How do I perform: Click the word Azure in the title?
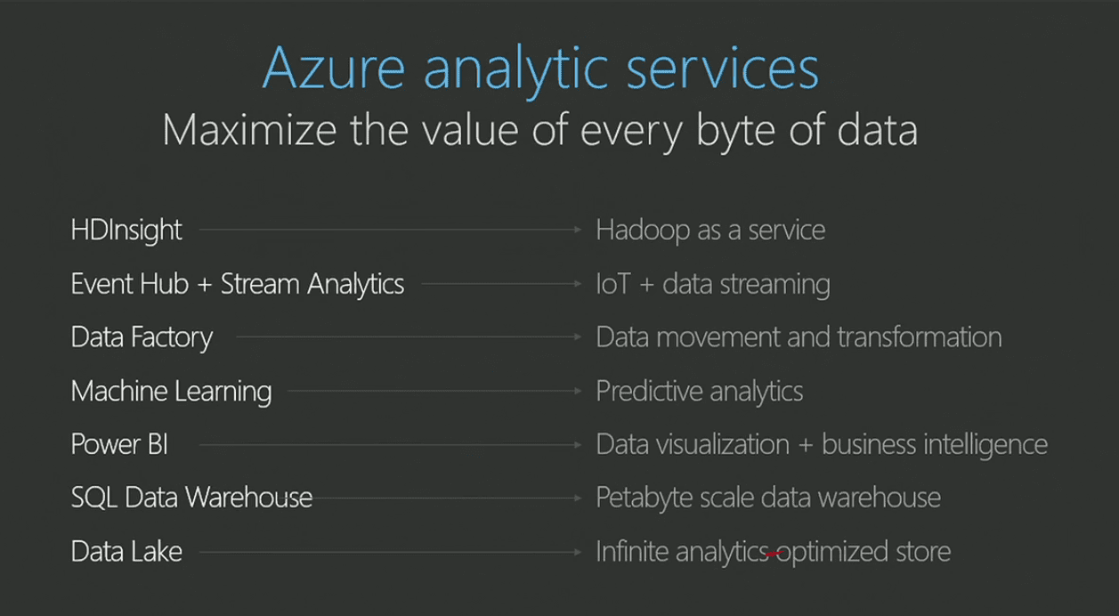334,69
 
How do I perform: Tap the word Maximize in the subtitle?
249,130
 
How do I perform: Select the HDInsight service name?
126,231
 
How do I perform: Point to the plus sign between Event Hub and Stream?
205,285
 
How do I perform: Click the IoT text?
614,284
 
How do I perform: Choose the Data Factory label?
142,337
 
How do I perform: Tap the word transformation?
920,336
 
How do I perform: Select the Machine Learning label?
171,391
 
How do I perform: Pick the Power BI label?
119,444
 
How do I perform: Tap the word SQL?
93,498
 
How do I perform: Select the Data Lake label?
126,552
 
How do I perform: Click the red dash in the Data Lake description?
774,554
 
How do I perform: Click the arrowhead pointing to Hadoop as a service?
578,230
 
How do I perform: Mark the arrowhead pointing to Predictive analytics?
578,391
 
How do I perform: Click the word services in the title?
723,69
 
